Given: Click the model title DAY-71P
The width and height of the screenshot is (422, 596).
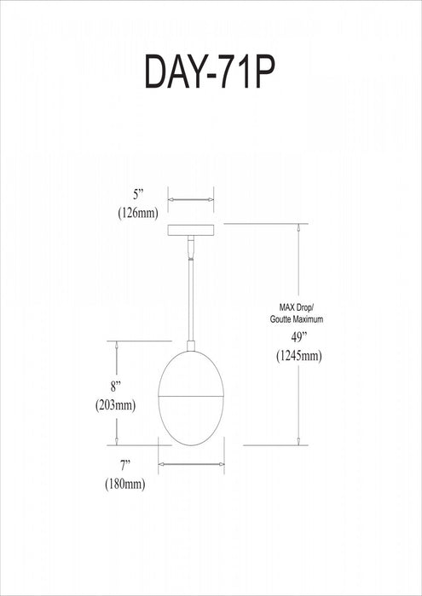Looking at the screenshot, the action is [210, 71].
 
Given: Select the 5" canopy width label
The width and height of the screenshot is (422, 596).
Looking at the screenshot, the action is [138, 195].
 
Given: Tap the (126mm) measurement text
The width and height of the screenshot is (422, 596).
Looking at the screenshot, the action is [138, 214].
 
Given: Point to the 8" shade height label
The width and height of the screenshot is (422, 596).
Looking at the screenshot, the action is [115, 387].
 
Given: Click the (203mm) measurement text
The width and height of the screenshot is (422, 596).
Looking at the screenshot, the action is [115, 405].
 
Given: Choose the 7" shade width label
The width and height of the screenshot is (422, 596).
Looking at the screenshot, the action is [125, 465].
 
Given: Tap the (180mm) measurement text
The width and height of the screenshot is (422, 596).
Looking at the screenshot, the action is [125, 484].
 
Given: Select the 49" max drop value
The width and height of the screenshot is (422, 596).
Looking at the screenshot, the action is [299, 337].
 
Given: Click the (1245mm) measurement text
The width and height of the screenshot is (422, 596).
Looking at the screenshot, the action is [299, 356].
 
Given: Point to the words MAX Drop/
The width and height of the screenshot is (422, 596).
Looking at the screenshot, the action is [297, 307].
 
